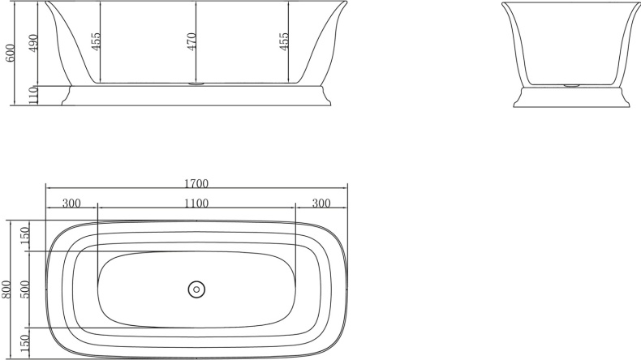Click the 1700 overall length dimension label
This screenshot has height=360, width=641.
pos(196,183)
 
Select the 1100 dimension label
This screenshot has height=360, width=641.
pos(196,203)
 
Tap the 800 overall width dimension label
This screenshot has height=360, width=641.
pos(6,289)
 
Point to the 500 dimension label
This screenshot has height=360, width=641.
pos(24,289)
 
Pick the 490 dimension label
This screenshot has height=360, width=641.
pos(33,43)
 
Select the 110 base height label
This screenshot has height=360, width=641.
pos(33,95)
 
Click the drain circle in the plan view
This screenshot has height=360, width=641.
pos(196,289)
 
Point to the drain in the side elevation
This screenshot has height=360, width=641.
pos(196,83)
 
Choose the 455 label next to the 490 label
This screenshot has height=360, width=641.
pos(95,42)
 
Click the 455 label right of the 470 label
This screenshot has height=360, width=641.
pos(283,42)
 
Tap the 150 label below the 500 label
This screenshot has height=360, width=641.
pos(24,343)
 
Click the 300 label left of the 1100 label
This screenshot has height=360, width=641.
pos(71,203)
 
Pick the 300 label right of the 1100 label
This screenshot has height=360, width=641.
pos(321,203)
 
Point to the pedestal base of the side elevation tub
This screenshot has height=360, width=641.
pos(196,95)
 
